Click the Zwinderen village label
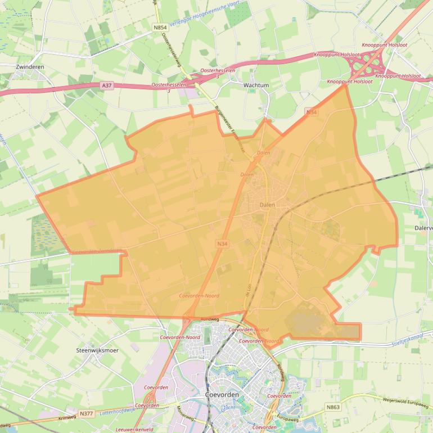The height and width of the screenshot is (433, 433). point(30,66)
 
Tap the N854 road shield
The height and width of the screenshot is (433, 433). point(160,26)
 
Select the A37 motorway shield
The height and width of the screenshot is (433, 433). point(107,85)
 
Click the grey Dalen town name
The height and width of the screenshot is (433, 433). point(268,205)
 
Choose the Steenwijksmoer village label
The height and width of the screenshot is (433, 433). point(97,350)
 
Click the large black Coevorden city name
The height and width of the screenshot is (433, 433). point(223,395)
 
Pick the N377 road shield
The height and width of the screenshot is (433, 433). point(86,413)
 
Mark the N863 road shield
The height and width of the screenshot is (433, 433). point(333,406)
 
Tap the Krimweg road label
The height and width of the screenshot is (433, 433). point(66,418)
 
